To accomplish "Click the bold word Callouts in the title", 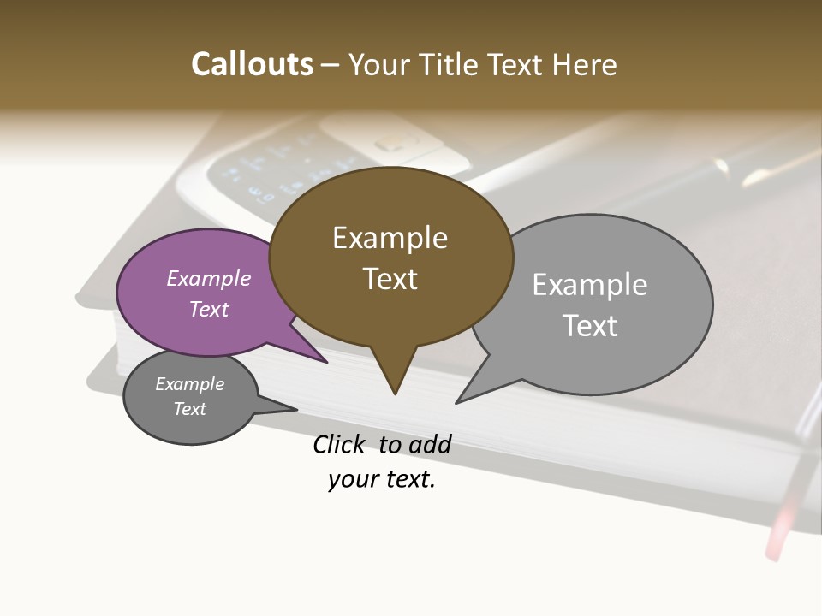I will click(x=252, y=64).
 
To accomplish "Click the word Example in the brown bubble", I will click(x=390, y=238).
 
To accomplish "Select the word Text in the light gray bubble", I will click(x=590, y=326).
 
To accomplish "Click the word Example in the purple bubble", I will click(x=209, y=279).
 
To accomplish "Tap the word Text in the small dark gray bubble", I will click(x=190, y=409).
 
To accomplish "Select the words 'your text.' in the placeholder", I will click(x=382, y=479).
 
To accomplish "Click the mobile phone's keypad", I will click(x=265, y=171).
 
